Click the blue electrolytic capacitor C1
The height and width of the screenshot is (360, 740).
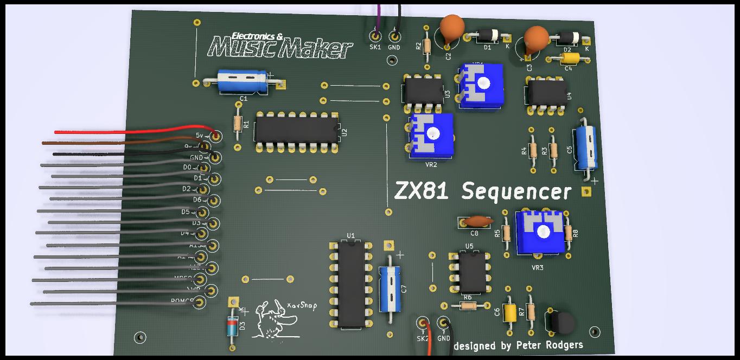tap(242, 81)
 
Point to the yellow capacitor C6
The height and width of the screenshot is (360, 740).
tap(509, 312)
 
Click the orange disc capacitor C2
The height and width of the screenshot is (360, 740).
tap(451, 27)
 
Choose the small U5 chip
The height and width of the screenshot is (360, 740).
tap(471, 273)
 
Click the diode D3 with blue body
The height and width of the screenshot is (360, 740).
tap(232, 327)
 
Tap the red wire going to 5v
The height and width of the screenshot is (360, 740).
tap(136, 131)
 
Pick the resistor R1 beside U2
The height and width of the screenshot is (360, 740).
tap(237, 124)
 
